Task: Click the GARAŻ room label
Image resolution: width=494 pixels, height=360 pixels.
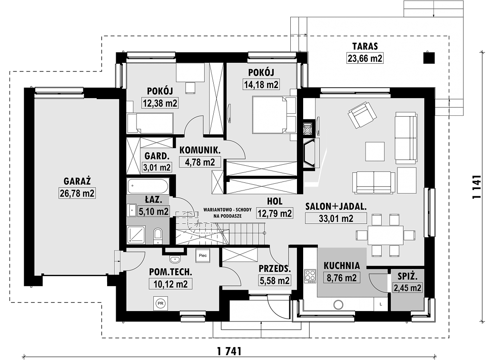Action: click(x=77, y=181)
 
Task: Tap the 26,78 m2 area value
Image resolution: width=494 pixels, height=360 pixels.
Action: click(x=77, y=193)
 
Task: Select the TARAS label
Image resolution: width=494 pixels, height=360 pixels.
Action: click(x=365, y=46)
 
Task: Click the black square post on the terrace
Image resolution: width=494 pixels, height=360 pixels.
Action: click(x=429, y=57)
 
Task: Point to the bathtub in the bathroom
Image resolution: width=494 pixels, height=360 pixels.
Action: click(x=148, y=187)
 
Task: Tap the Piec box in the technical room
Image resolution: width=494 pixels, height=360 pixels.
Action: click(x=203, y=255)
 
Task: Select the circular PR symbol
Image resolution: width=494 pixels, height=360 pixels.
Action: click(x=160, y=304)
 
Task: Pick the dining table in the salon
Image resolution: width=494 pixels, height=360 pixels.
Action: click(x=385, y=235)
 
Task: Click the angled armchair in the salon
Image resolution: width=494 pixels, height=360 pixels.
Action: click(x=362, y=115)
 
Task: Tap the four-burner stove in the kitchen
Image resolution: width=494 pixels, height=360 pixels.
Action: click(x=310, y=276)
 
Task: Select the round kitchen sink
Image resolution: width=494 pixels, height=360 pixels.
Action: click(x=339, y=305)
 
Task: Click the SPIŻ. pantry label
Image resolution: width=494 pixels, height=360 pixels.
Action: click(x=407, y=277)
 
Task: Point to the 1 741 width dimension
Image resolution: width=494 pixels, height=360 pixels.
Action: click(x=229, y=350)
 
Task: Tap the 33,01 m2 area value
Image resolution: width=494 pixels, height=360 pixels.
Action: click(x=336, y=218)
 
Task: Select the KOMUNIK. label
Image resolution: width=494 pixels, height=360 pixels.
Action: click(x=200, y=150)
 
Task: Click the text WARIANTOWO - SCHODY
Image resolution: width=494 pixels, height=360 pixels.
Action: click(x=227, y=210)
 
